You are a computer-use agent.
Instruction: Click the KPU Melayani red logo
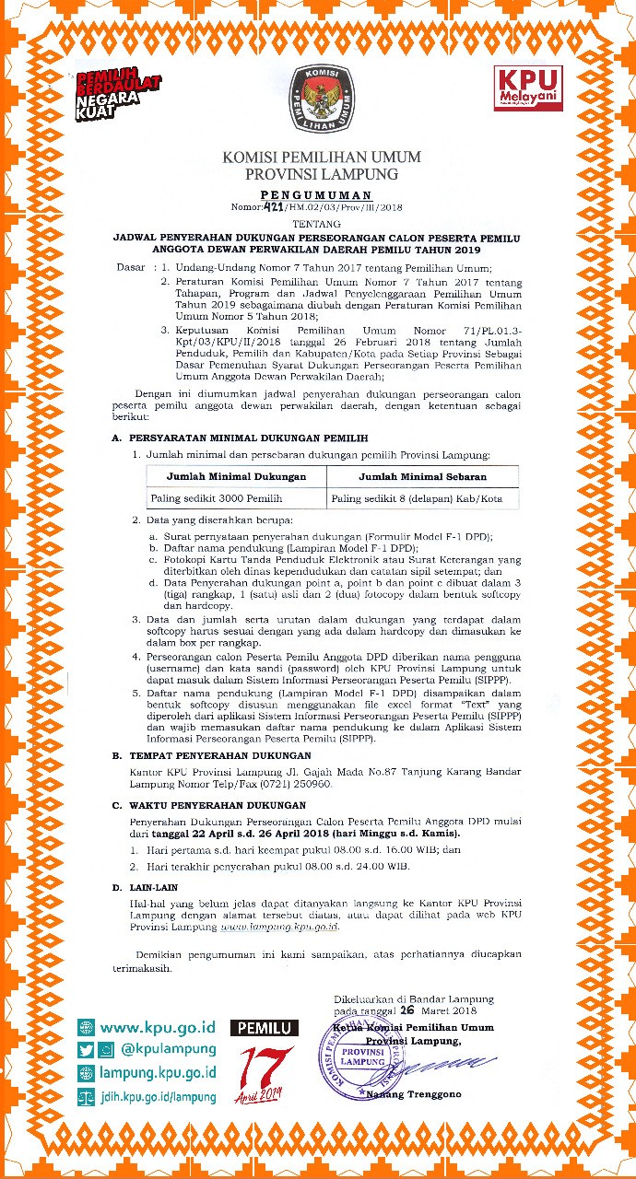[528, 88]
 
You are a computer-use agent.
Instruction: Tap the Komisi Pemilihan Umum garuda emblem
[318, 97]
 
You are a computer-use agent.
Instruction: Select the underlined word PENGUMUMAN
[316, 195]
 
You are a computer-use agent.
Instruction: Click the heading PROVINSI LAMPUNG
[322, 173]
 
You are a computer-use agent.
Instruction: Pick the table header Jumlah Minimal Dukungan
[236, 476]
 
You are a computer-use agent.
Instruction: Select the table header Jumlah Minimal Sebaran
[422, 476]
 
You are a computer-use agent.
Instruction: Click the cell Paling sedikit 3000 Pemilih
[216, 498]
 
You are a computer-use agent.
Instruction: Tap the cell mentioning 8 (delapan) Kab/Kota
[422, 498]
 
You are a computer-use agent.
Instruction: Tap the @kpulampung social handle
[169, 1049]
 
